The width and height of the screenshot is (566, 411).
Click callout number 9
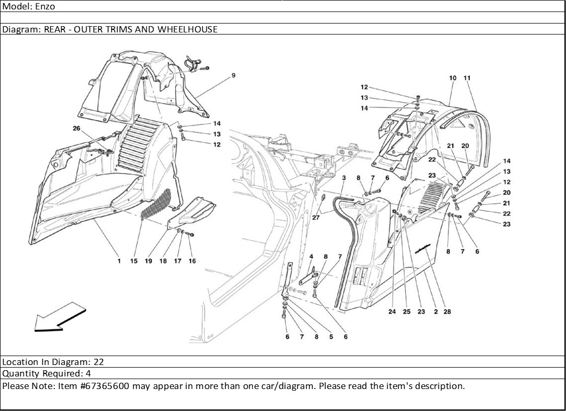[234, 75]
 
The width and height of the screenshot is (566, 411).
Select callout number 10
[453, 78]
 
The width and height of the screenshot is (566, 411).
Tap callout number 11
[467, 78]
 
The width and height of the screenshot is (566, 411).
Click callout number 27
[316, 218]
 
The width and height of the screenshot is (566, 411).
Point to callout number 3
[344, 178]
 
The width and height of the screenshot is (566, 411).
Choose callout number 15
[134, 261]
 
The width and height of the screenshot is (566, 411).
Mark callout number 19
[148, 261]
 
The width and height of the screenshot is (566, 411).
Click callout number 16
[192, 261]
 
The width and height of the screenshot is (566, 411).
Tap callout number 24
[392, 312]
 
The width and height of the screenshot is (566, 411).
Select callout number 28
[447, 312]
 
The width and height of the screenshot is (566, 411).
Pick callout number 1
[119, 261]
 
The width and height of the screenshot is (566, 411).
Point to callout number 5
[331, 337]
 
